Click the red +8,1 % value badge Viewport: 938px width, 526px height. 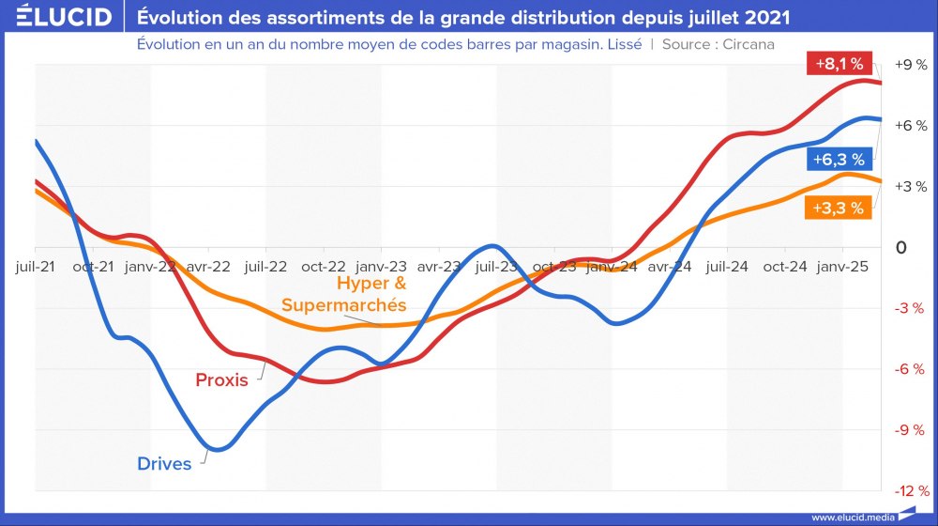(x=840, y=64)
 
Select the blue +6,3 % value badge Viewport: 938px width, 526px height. (x=839, y=159)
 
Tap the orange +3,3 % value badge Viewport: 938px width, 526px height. (x=838, y=209)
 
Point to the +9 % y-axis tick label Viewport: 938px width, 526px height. (x=910, y=65)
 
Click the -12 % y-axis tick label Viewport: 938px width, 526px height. (x=910, y=491)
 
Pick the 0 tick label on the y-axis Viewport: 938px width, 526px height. (x=901, y=248)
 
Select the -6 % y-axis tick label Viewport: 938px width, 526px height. (x=910, y=369)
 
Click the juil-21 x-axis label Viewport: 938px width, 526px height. (x=35, y=267)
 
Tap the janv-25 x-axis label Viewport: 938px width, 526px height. (x=842, y=267)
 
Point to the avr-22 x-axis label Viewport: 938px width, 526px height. (x=208, y=267)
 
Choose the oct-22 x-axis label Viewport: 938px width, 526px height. (x=324, y=267)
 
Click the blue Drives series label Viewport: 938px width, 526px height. (x=164, y=463)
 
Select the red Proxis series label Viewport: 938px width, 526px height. (x=221, y=380)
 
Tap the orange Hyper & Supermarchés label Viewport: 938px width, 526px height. (x=344, y=294)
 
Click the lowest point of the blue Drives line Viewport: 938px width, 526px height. (x=216, y=450)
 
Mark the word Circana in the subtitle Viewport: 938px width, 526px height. (x=749, y=44)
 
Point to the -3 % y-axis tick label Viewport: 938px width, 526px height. (x=910, y=308)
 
